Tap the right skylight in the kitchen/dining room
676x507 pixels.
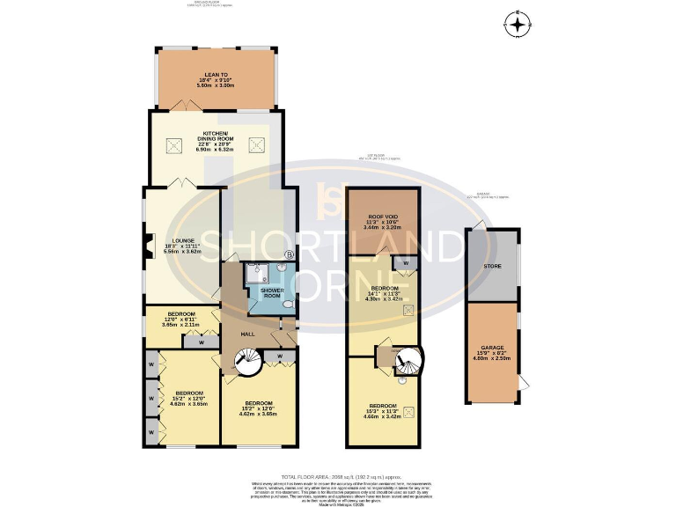pos(257,143)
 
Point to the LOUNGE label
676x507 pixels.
pos(182,239)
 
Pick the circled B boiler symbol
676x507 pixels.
pos(289,255)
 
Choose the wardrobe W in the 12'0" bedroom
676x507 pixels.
pos(201,342)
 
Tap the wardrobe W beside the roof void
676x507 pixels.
pos(405,262)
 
